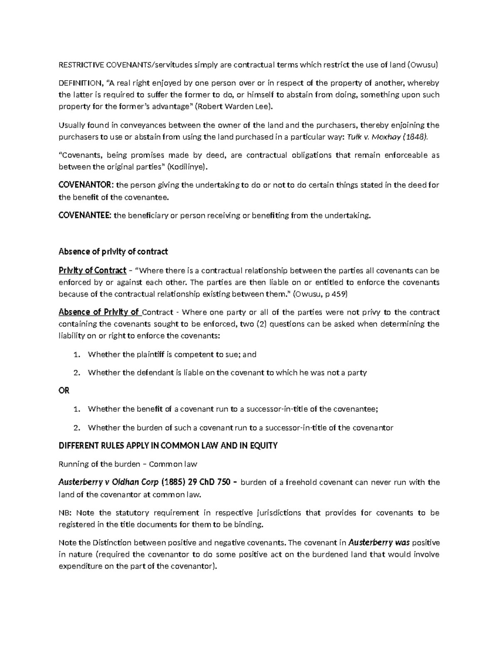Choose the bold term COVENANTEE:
pyautogui.click(x=85, y=215)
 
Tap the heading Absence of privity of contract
pyautogui.click(x=113, y=251)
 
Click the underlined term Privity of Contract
pyautogui.click(x=92, y=271)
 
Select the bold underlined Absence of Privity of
pyautogui.click(x=99, y=312)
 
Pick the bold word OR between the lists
pyautogui.click(x=64, y=390)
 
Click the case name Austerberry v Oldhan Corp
pyautogui.click(x=109, y=483)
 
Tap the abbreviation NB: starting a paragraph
pyautogui.click(x=65, y=513)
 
